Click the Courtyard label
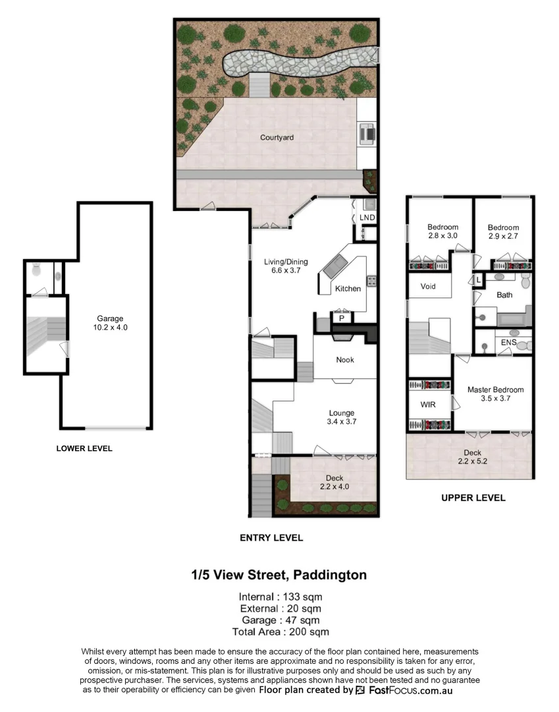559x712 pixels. (x=277, y=138)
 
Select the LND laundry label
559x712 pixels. (x=367, y=218)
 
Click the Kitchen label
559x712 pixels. (x=348, y=289)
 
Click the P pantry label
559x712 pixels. (x=341, y=318)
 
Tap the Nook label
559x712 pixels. (x=345, y=360)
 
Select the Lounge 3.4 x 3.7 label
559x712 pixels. (x=341, y=417)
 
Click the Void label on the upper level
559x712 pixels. (x=428, y=287)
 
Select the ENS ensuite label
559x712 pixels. (x=508, y=343)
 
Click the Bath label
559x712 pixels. (x=504, y=295)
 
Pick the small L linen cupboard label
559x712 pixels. (x=479, y=280)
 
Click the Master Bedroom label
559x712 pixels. (x=495, y=394)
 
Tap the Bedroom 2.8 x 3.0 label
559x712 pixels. (x=442, y=231)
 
